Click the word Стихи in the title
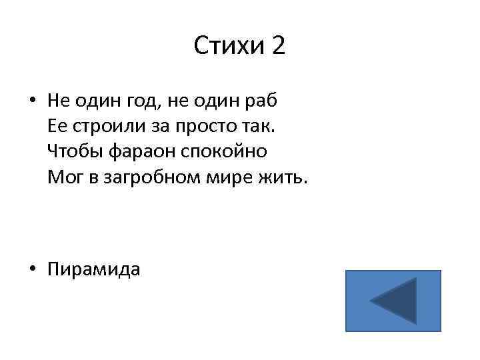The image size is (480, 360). (x=229, y=47)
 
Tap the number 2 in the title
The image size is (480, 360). (x=278, y=47)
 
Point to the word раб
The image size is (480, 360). (x=261, y=101)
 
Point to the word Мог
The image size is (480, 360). (x=61, y=177)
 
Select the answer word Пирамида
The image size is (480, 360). (x=94, y=269)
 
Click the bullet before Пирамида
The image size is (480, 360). (x=32, y=269)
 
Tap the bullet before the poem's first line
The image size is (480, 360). (x=32, y=101)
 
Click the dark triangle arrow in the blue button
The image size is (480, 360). (x=394, y=301)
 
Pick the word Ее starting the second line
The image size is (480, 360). (x=57, y=126)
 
